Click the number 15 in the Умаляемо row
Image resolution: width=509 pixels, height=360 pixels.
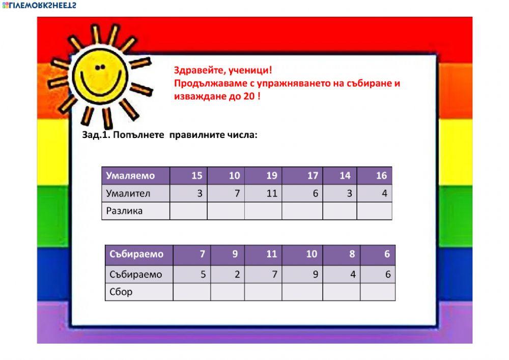coord(196,176)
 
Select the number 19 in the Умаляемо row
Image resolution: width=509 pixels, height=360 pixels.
coord(271,176)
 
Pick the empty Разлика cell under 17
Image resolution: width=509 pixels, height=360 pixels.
coord(302,211)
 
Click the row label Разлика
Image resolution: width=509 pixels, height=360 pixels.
coord(124,211)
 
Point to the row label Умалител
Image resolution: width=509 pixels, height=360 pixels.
coord(128,193)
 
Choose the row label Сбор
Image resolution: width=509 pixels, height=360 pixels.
coord(121,292)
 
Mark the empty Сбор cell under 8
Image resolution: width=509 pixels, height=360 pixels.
coord(341,292)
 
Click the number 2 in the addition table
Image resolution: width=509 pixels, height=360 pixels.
coord(237,274)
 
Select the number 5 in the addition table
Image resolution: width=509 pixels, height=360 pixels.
coord(203,274)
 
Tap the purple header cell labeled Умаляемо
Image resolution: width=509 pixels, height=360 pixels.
coord(130,176)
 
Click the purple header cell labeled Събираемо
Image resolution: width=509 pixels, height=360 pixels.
coord(136,254)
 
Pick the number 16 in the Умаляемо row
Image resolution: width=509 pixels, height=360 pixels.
coord(381,176)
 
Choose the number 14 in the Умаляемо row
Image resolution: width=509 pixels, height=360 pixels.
coord(345,176)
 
